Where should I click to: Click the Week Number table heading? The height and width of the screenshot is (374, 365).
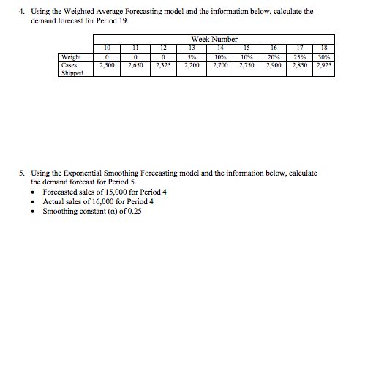coord(214,39)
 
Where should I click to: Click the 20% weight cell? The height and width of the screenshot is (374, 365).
coord(272,56)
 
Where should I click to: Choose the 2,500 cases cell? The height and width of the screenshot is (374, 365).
coord(108,64)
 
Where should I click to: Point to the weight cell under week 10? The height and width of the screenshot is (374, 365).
coord(108,56)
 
